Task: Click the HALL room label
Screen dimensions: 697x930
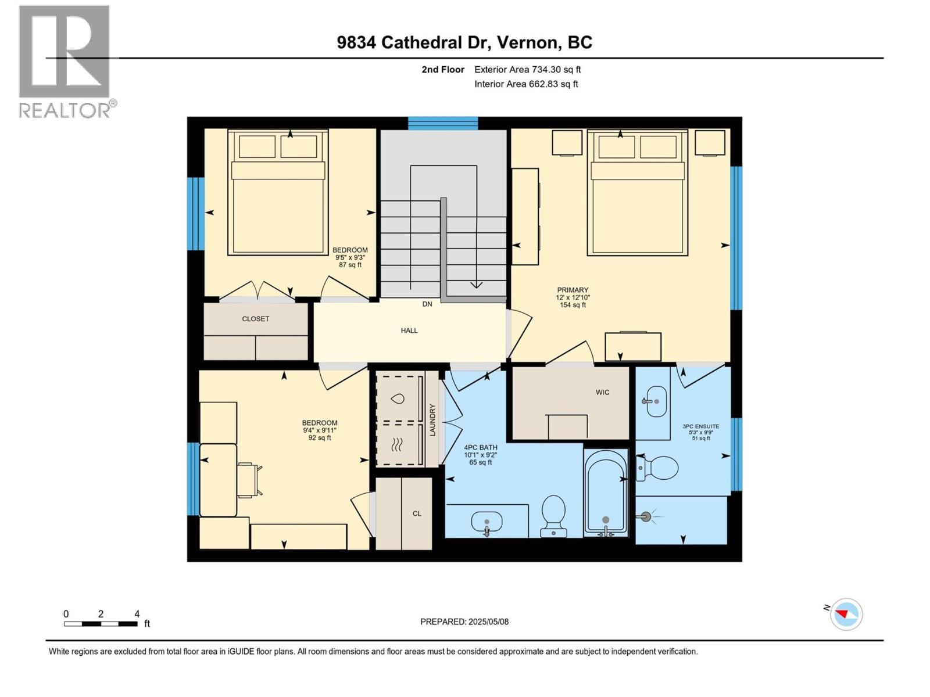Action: tap(409, 330)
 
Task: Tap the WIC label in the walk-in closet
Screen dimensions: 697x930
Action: tap(602, 392)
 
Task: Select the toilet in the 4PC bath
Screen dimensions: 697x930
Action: tap(553, 515)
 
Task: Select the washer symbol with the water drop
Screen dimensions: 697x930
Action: tap(398, 398)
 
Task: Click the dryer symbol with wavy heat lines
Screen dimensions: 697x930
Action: tap(398, 445)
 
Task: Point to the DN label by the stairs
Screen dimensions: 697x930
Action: tap(427, 304)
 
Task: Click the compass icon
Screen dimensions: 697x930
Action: tap(846, 614)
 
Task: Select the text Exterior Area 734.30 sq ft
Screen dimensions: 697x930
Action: tap(527, 70)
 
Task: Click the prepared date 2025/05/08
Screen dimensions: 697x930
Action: tap(464, 621)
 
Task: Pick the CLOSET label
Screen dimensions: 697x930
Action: tap(256, 319)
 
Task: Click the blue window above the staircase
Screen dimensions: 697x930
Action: tap(442, 123)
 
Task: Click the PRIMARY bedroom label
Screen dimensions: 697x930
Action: tap(573, 290)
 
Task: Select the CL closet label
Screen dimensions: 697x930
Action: tap(417, 513)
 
